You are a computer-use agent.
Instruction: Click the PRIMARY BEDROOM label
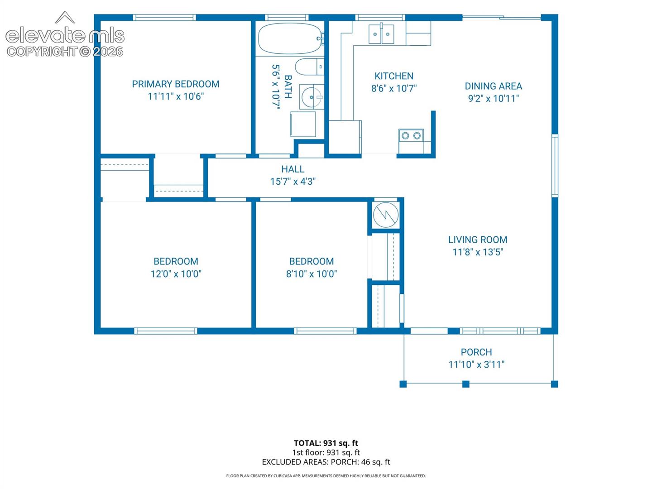(x=176, y=84)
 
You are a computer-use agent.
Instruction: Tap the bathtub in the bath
(x=290, y=38)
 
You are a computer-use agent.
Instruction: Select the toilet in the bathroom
(x=309, y=67)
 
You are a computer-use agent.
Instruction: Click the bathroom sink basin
(x=312, y=97)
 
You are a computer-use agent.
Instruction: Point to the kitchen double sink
(x=381, y=34)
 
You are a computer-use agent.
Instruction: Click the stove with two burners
(x=411, y=136)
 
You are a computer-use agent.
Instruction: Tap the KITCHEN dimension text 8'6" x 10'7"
(x=394, y=88)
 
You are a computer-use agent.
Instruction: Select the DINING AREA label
(x=493, y=86)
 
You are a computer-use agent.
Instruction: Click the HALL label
(x=292, y=169)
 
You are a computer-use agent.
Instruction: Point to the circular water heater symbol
(x=386, y=215)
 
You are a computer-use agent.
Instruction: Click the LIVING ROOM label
(x=478, y=240)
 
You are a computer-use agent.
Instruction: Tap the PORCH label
(x=476, y=352)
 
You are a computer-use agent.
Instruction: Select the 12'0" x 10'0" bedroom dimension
(x=176, y=274)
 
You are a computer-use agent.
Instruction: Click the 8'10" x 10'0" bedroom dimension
(x=312, y=274)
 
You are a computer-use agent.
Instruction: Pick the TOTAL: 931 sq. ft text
(x=326, y=443)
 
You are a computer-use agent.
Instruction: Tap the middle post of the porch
(x=466, y=384)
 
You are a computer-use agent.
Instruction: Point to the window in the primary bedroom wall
(x=164, y=18)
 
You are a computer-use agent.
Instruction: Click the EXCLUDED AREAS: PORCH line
(x=326, y=462)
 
